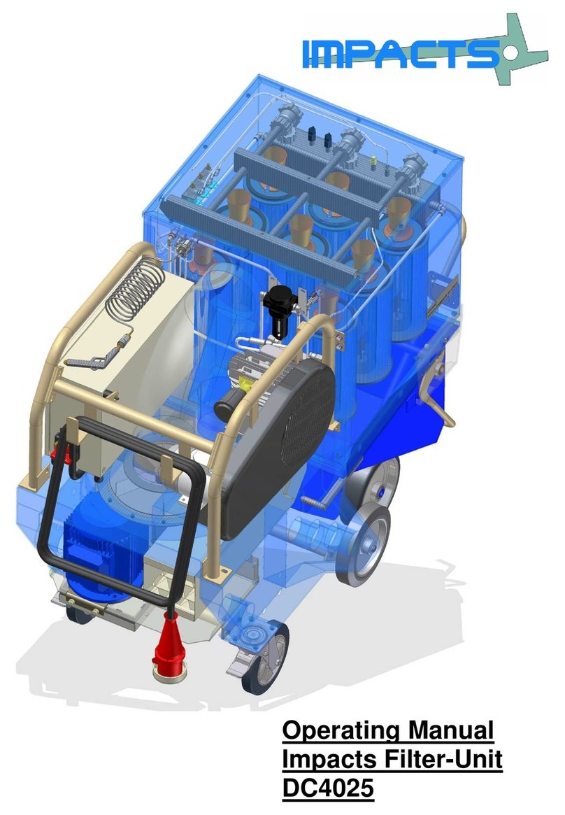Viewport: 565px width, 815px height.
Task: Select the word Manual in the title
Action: coord(450,730)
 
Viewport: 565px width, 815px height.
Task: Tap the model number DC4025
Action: coord(328,787)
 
